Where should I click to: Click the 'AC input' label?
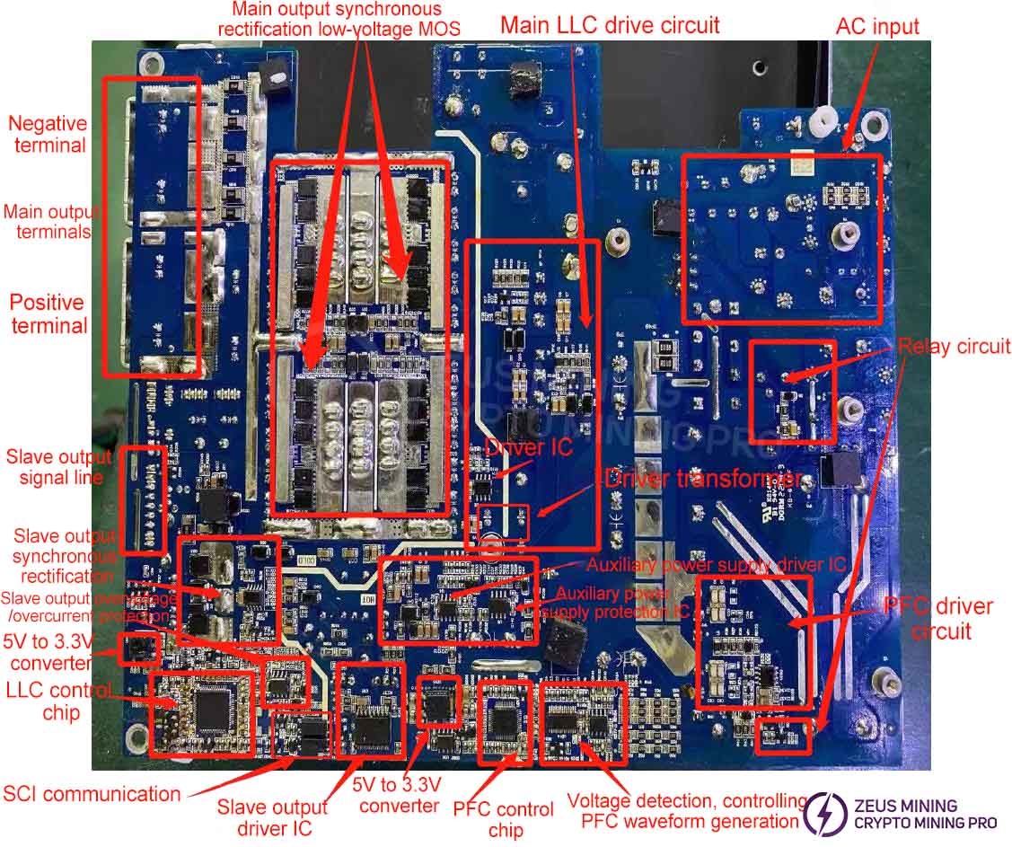877,27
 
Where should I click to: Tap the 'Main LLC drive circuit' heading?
610,25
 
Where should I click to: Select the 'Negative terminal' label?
48,134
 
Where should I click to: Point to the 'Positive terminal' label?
48,313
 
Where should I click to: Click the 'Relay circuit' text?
954,347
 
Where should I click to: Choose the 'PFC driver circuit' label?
938,618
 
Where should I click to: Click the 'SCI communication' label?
92,793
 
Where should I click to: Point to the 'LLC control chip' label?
59,701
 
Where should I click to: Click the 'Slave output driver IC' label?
272,816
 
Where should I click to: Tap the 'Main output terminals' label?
50,222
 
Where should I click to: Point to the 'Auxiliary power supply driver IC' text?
716,565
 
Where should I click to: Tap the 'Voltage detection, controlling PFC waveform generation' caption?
688,810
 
